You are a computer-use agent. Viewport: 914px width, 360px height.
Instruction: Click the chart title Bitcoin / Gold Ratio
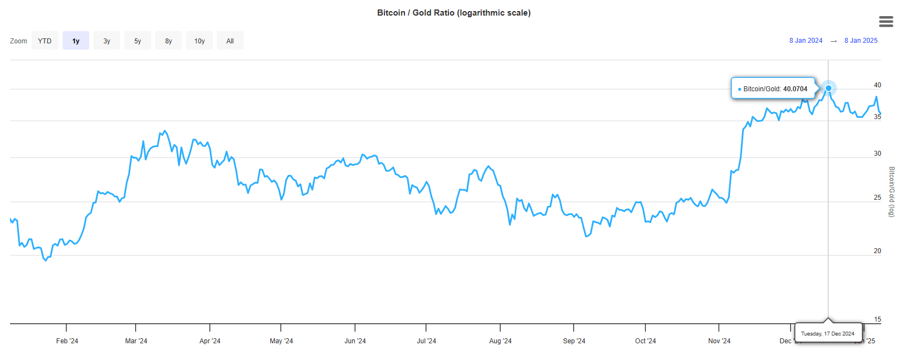[453, 13]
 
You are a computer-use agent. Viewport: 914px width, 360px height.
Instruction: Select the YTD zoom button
[45, 41]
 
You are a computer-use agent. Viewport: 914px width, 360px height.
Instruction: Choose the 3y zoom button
[107, 41]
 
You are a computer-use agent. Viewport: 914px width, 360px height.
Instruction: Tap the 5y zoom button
[137, 41]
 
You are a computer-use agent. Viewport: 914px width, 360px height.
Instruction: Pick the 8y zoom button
[169, 41]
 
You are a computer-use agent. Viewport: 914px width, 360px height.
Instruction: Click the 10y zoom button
[199, 41]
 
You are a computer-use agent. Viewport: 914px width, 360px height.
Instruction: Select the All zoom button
[230, 41]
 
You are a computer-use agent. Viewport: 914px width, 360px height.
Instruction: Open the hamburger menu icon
[886, 22]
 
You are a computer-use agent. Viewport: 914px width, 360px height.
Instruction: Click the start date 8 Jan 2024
[806, 41]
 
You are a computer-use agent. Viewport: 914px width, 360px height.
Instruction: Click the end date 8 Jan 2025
[861, 41]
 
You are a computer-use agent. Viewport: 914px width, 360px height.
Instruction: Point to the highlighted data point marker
[828, 88]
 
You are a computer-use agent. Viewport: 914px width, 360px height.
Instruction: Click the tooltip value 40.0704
[795, 89]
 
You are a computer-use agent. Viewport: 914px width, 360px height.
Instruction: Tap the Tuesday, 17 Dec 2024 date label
[828, 334]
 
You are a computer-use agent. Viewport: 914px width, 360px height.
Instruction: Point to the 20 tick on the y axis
[877, 251]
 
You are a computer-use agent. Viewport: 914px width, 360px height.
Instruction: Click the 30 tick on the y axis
[877, 154]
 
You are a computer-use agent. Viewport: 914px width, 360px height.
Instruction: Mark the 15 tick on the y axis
[877, 319]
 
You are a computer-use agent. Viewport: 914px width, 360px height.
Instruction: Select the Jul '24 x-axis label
[426, 341]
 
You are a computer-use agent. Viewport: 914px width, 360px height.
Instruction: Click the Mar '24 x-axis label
[136, 341]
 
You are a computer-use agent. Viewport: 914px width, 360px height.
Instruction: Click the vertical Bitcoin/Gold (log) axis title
[891, 191]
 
